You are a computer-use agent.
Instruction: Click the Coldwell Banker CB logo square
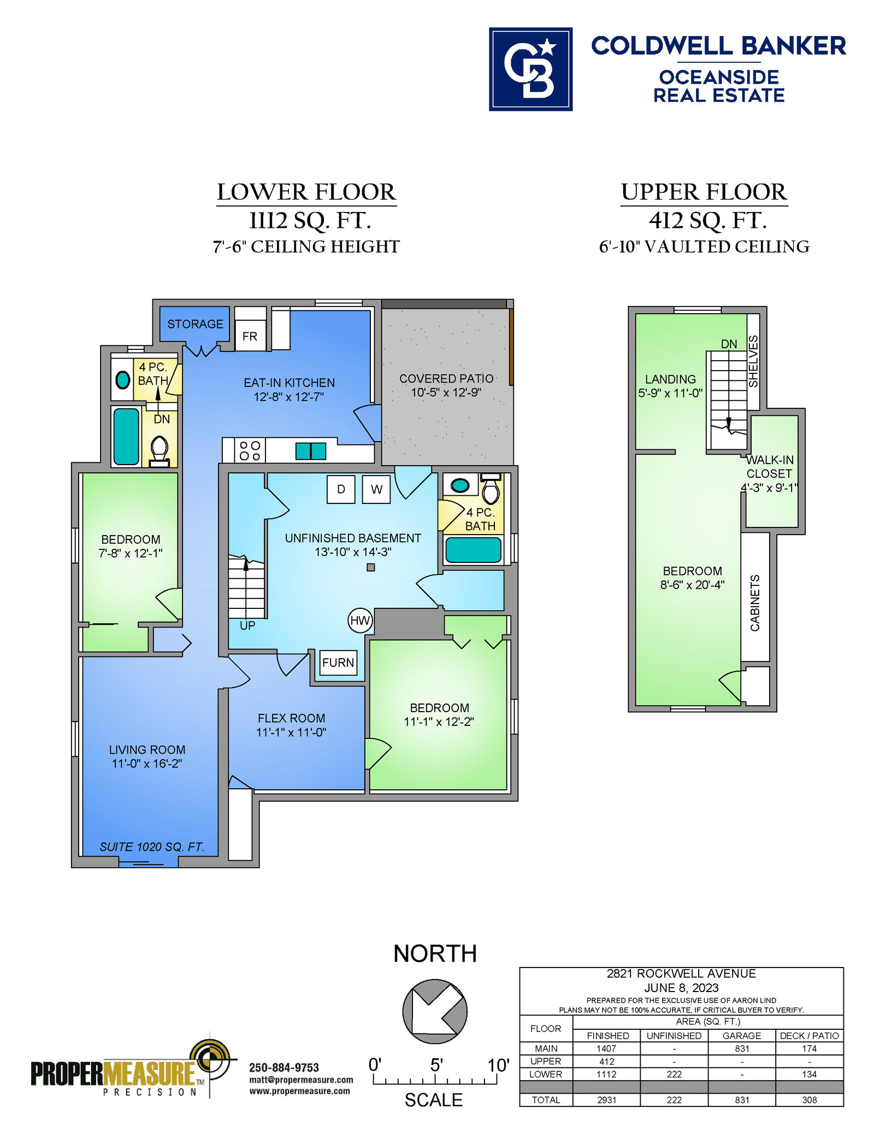point(530,69)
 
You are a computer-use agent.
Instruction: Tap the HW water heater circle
point(360,620)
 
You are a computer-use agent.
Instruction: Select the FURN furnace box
point(338,662)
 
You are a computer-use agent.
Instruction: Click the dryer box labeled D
point(341,489)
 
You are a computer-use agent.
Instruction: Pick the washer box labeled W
point(376,489)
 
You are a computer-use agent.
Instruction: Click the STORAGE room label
point(195,324)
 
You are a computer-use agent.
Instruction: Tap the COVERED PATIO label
point(446,378)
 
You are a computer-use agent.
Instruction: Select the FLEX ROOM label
point(291,718)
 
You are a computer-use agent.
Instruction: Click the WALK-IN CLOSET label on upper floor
point(770,467)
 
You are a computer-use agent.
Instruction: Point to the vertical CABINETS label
point(755,603)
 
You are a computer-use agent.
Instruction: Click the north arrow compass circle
point(435,1012)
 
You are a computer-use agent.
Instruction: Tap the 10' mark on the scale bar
point(498,1065)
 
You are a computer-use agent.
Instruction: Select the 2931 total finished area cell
point(606,1100)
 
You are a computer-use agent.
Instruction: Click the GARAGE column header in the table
point(742,1036)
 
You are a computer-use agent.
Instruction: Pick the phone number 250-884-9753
point(284,1068)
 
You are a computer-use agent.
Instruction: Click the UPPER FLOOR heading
point(704,192)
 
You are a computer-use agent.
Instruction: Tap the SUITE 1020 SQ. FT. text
point(152,847)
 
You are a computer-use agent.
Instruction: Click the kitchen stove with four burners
point(250,450)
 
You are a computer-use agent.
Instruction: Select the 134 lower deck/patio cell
point(810,1074)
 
